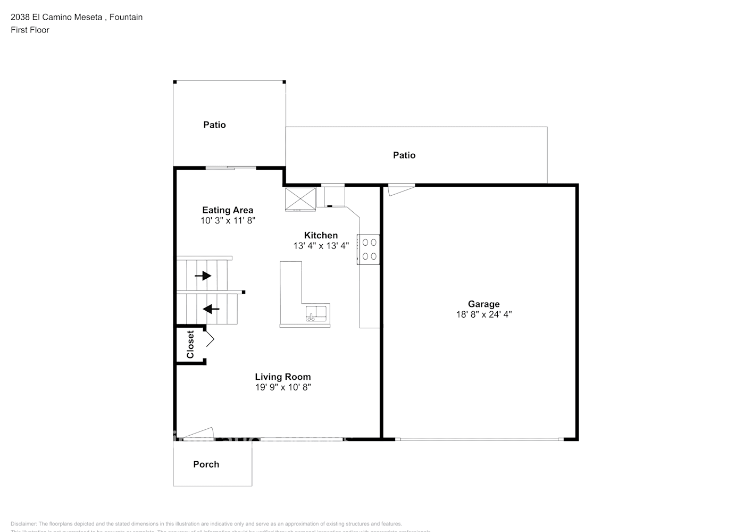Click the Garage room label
(x=483, y=304)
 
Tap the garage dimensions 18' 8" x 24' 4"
(x=483, y=314)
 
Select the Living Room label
(x=282, y=377)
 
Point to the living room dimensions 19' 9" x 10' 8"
(x=282, y=387)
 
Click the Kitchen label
(x=321, y=235)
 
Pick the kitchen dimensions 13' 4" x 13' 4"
(x=321, y=246)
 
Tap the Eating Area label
(x=228, y=210)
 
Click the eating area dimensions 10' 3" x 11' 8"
(x=228, y=220)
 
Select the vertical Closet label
(x=190, y=345)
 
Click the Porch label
(x=206, y=464)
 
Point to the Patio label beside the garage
(x=404, y=155)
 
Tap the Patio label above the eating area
(x=214, y=125)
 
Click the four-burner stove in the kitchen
(x=369, y=249)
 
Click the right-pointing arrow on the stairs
(x=203, y=276)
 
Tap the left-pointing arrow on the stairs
(x=211, y=309)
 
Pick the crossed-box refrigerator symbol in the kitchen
(x=300, y=199)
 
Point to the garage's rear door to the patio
(x=400, y=188)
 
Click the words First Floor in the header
(x=30, y=30)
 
